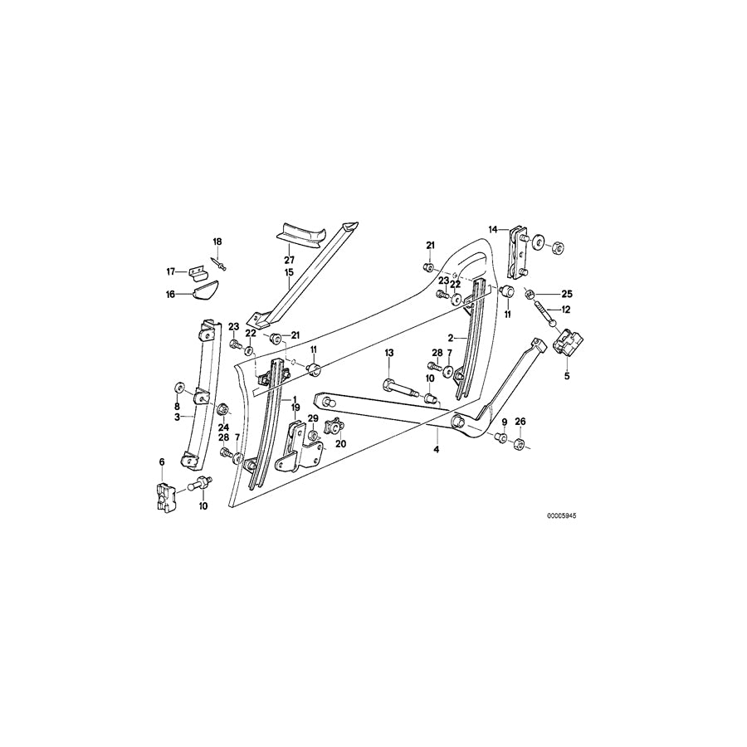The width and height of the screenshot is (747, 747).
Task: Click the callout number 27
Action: point(290,259)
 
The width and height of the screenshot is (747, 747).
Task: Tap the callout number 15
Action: point(290,272)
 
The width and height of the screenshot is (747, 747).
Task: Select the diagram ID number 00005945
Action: point(561,515)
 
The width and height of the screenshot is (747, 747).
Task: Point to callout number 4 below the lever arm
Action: point(436,451)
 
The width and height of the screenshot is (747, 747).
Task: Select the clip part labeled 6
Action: point(164,496)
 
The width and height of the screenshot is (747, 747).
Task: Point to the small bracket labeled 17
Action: point(196,271)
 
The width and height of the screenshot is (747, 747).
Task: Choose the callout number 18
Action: point(217,242)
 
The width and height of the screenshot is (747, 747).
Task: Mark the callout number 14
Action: point(492,229)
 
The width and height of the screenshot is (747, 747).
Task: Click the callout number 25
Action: point(567,294)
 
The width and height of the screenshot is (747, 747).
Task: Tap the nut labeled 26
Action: point(517,445)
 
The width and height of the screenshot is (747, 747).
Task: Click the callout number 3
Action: point(177,417)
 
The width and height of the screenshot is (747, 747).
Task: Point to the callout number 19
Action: point(294,408)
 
